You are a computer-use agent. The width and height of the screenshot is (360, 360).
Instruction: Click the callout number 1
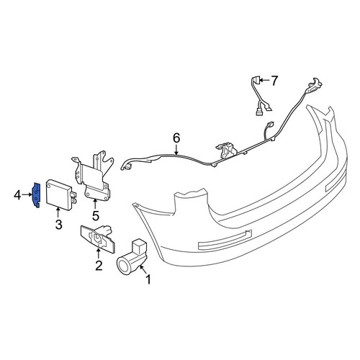point(148,279)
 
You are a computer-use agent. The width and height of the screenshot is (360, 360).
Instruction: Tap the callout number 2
point(99,266)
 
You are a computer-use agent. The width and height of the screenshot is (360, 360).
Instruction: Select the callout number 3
point(59,225)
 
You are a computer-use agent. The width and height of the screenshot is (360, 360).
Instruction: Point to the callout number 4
point(17,195)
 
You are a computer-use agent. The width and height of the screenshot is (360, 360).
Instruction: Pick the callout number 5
point(96,216)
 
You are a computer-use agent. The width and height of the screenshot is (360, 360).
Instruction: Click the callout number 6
point(176,138)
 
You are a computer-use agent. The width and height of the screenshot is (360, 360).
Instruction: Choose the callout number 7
point(274,81)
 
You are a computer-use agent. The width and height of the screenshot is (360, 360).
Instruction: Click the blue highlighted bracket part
point(36,195)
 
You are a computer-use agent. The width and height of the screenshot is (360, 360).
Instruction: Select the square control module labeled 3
point(60,194)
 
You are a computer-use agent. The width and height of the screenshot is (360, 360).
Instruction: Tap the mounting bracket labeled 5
point(92,178)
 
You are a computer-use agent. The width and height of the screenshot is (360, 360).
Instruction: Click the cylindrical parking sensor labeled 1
point(132,257)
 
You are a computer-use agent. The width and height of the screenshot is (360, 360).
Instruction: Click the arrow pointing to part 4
point(27,194)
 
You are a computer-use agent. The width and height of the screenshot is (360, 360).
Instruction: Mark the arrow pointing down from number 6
point(176,149)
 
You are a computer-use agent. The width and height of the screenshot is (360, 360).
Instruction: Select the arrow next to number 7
point(264,80)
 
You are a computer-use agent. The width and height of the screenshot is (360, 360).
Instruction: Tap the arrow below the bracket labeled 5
point(95,204)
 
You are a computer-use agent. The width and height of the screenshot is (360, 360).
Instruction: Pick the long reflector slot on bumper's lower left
point(225,240)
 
